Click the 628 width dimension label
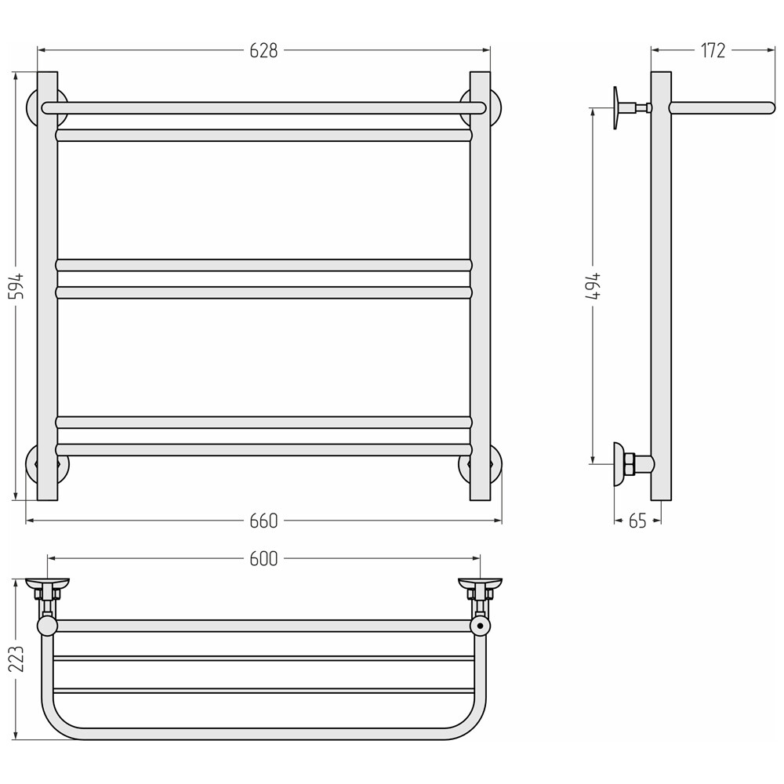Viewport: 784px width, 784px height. (x=263, y=50)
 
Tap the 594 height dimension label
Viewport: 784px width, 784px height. (x=18, y=286)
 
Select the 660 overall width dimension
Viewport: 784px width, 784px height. (x=263, y=521)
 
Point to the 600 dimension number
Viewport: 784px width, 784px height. (x=263, y=558)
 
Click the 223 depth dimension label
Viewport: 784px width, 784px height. (x=18, y=659)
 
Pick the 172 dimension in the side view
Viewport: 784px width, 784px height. (x=713, y=50)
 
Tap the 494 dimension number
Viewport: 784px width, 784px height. (x=594, y=286)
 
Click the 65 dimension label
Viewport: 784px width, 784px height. (x=637, y=521)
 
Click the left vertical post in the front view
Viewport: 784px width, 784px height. (x=48, y=286)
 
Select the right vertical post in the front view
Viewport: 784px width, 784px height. (x=480, y=286)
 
